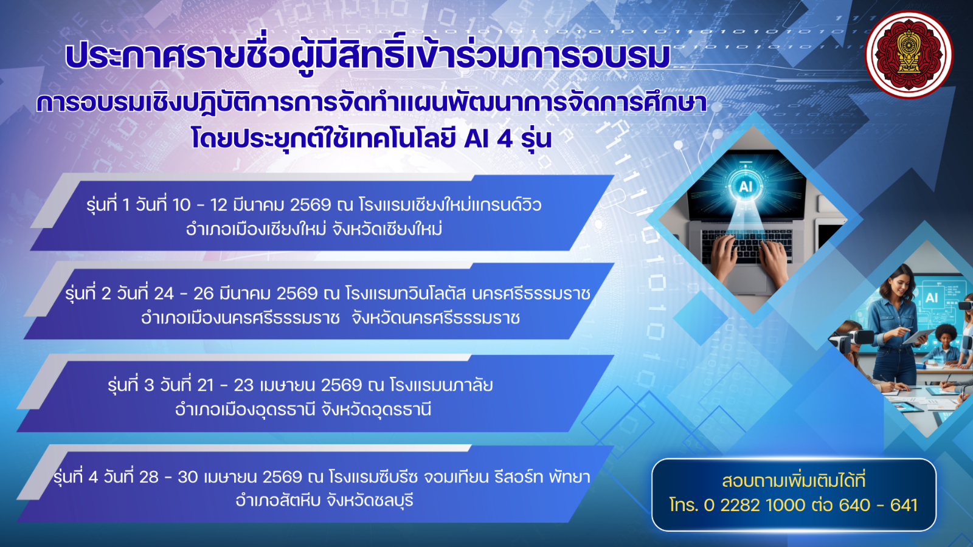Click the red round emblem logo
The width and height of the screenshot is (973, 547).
909,55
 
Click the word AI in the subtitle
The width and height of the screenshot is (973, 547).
477,139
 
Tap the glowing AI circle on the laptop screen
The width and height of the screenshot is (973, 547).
746,186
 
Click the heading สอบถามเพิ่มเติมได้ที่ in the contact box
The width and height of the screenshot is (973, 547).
794,481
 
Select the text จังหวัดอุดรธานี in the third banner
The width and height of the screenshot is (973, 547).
376,410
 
